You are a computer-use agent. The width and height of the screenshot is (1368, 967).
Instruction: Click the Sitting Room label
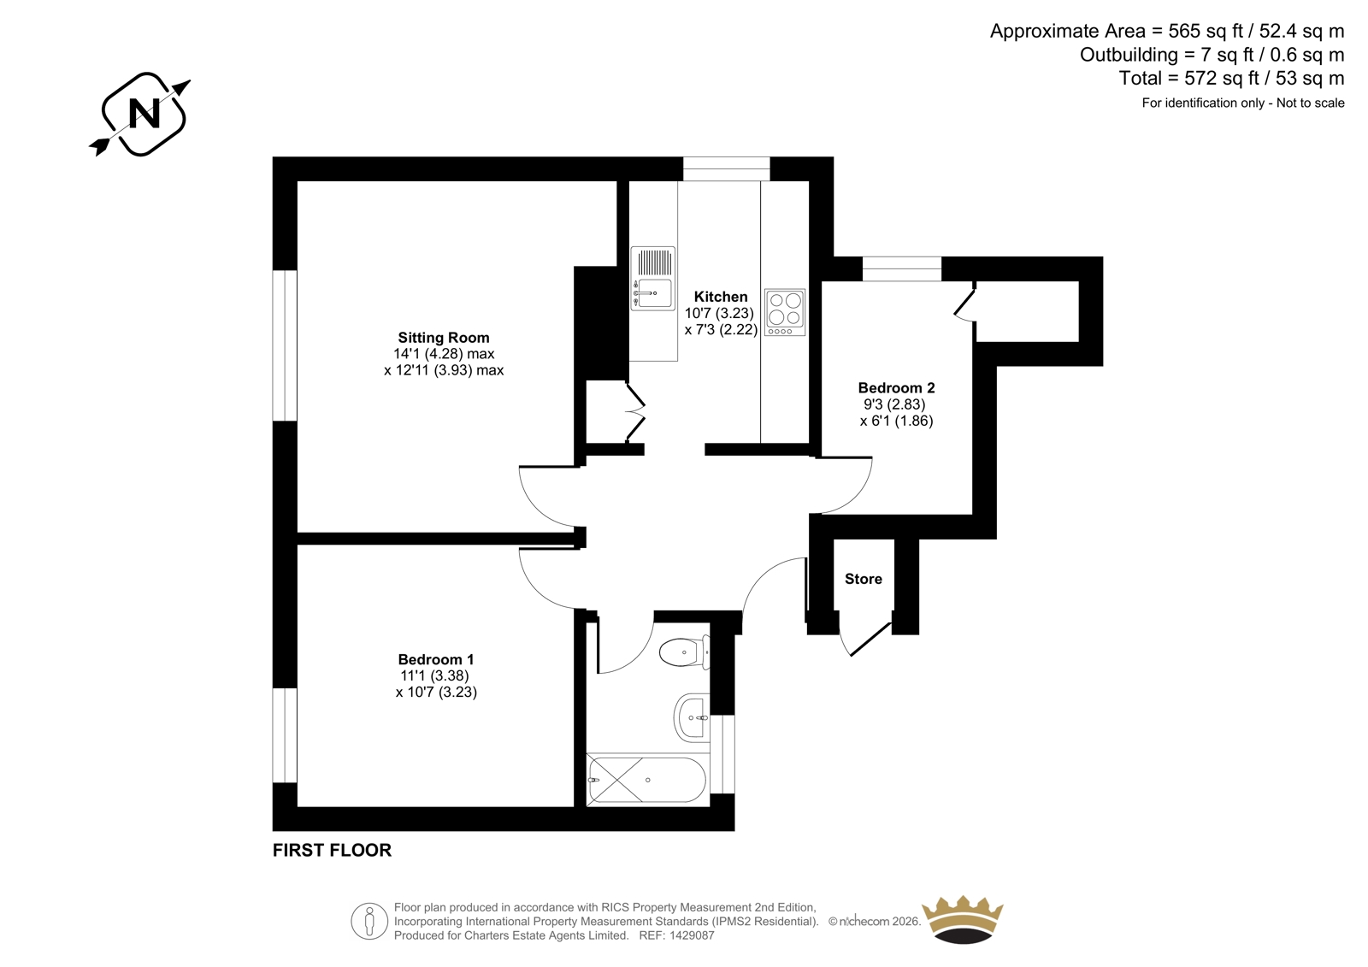coord(444,337)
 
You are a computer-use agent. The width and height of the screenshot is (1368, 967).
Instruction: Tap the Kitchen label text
coord(721,297)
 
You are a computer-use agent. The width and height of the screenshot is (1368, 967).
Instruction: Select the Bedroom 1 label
coord(435,660)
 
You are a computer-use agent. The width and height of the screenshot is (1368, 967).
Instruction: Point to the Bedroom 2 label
coord(897,388)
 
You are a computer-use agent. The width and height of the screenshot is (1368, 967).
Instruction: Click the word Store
coord(863,579)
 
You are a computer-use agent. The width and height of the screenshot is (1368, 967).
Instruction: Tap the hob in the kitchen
coord(785,313)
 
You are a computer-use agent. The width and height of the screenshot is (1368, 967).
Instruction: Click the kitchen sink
coord(653,279)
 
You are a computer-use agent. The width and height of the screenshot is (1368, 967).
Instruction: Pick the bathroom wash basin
coord(693,717)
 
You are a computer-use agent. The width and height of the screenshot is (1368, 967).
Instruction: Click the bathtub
coord(647,780)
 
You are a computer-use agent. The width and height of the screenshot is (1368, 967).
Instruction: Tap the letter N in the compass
coord(145,114)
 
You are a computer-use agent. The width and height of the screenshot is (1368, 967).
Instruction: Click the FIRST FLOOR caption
coord(332,851)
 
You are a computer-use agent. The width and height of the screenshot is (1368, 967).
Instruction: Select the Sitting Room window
coord(285,345)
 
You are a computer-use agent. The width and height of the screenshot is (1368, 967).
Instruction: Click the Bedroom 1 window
coord(285,735)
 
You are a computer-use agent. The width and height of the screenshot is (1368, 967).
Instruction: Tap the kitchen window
coord(726,168)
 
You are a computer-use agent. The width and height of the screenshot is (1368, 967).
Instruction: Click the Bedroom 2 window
coord(902,268)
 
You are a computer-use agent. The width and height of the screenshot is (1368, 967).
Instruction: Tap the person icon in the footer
coord(369,921)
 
